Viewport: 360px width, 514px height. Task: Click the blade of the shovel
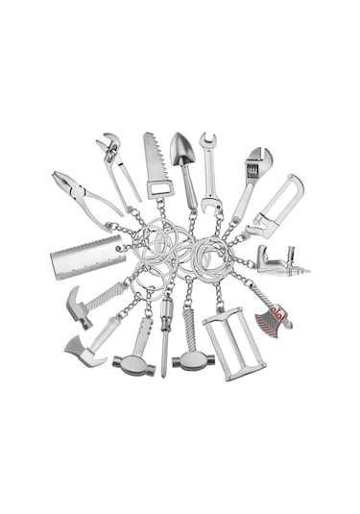pos(182,149)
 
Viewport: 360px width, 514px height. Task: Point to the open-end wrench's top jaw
pos(208,142)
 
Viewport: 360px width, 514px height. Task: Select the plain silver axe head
pos(85,350)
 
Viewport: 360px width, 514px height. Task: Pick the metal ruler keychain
pos(87,257)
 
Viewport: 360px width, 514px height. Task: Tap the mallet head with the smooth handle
pos(132,364)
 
